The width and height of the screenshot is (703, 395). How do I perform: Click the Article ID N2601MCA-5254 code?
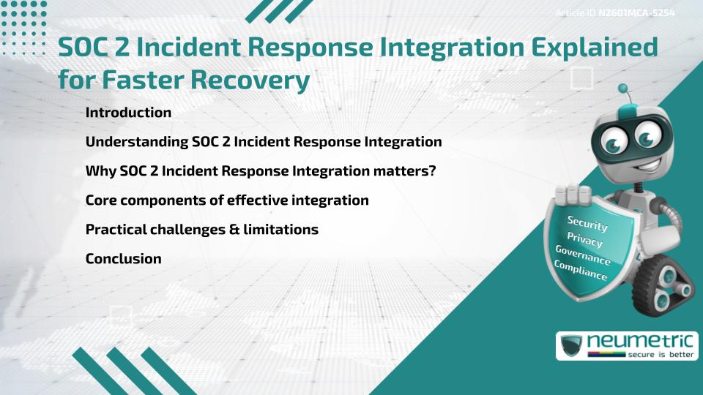pos(636,13)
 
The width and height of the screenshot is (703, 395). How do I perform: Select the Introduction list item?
pos(128,113)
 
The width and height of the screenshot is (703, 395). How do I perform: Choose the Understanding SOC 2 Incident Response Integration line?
pos(264,141)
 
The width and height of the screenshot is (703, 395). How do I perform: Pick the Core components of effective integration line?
pos(227,200)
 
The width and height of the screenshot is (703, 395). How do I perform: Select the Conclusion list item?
pos(123,258)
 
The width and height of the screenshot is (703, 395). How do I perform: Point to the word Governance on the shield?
pos(582,255)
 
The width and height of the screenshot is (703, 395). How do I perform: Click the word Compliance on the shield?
pos(580,271)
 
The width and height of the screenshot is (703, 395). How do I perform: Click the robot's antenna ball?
pos(623,89)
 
